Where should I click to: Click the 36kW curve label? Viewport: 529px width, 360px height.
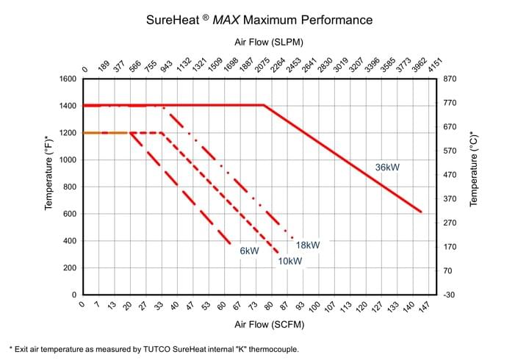click(x=387, y=168)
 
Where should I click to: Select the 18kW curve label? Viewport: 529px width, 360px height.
click(x=308, y=245)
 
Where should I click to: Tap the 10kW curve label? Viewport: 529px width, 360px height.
click(x=289, y=261)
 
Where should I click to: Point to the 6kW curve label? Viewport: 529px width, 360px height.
click(x=249, y=251)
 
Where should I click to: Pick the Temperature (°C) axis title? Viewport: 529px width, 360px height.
click(x=474, y=172)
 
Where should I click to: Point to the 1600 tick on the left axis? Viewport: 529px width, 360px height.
click(x=67, y=79)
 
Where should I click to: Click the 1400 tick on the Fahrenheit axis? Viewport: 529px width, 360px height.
click(x=67, y=106)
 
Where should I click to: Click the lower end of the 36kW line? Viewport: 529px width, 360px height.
click(x=421, y=212)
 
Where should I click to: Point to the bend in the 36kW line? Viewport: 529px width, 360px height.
click(x=264, y=105)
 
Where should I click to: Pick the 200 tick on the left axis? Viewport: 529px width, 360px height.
click(x=69, y=267)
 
